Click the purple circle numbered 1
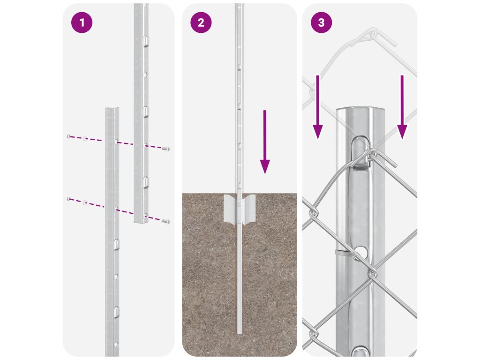[x=82, y=22]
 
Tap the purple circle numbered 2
[x=201, y=22]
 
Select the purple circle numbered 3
[x=321, y=22]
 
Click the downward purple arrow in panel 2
[x=265, y=142]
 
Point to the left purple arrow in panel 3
[x=318, y=107]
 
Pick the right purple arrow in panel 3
[x=402, y=107]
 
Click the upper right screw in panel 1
[x=166, y=149]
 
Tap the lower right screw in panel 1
[x=166, y=221]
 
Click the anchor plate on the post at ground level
[x=240, y=208]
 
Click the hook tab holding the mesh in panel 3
[x=360, y=153]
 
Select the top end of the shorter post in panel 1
[x=112, y=109]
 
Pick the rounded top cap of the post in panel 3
[x=360, y=111]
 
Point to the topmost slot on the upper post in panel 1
[x=146, y=40]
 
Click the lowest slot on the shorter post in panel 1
[x=116, y=312]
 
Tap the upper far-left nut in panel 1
[x=68, y=136]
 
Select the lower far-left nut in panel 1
[x=68, y=199]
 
